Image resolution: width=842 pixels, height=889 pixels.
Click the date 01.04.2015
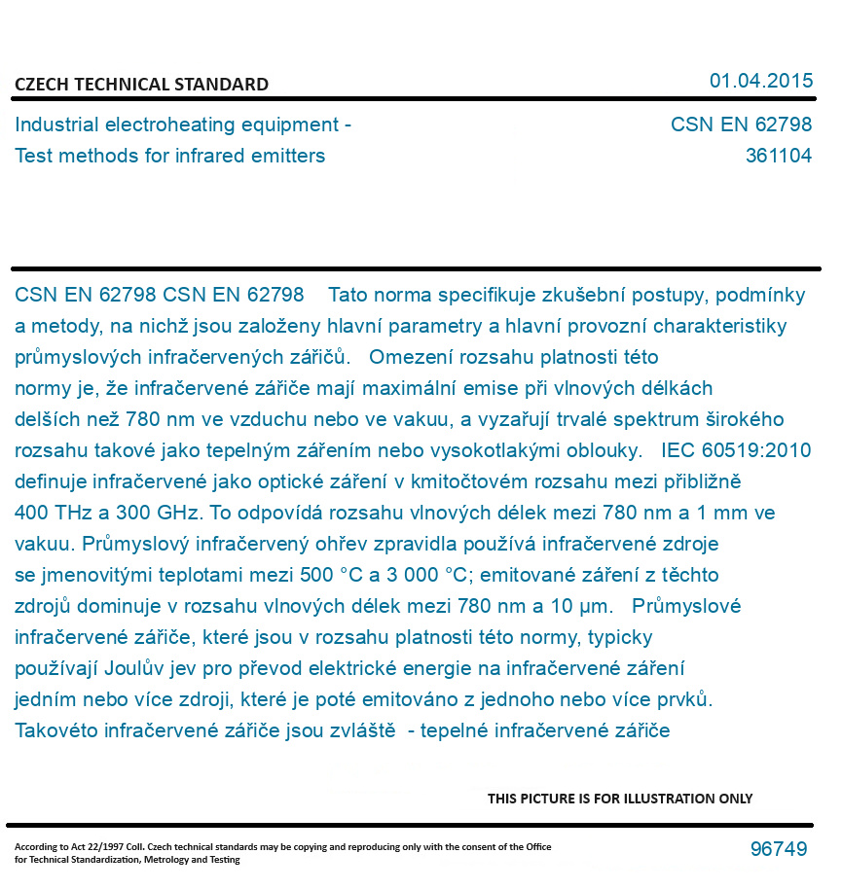[x=760, y=81]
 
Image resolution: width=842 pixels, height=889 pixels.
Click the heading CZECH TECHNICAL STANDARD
[x=141, y=85]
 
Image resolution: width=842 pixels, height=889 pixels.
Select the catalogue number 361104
[x=778, y=156]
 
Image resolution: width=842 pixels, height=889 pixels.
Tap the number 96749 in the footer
[x=778, y=849]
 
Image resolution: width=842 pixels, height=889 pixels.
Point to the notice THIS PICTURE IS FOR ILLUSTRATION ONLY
[x=620, y=799]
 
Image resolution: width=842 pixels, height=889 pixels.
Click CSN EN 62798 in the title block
[x=741, y=124]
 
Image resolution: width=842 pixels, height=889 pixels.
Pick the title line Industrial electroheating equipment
[x=183, y=124]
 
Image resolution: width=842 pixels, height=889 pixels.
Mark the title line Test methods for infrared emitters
[x=170, y=156]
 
